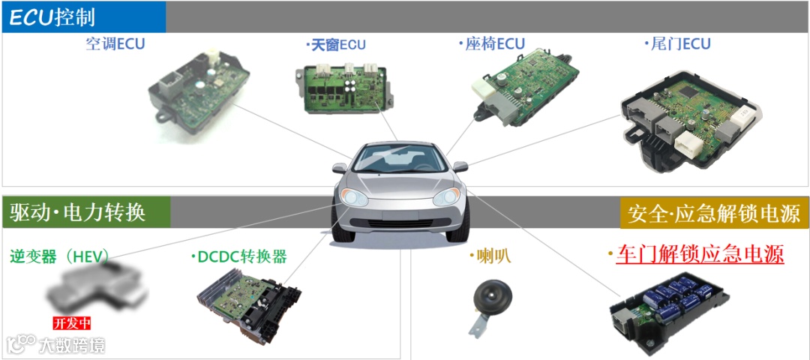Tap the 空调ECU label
pos(115,43)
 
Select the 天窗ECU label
pos(336,45)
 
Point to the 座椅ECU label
pos(492,43)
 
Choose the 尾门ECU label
pos(677,43)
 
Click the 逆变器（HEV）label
pos(60,256)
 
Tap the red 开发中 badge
pos(72,324)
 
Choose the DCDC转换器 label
pos(239,256)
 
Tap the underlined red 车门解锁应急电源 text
pos(699,254)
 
